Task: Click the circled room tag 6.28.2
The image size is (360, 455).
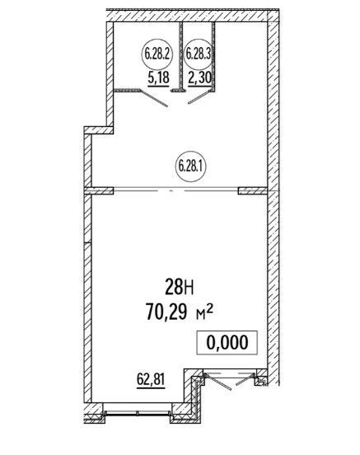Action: (x=157, y=54)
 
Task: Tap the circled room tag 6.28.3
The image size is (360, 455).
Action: (x=199, y=54)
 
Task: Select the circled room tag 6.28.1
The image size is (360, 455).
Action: (x=191, y=167)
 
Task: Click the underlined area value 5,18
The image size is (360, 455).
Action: (x=158, y=78)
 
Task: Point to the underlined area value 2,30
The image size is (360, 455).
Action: (x=199, y=78)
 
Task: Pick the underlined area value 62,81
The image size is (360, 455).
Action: (x=151, y=380)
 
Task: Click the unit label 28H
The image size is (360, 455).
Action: (x=180, y=286)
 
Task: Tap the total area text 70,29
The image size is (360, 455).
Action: (x=166, y=312)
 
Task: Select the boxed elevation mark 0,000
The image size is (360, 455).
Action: (x=227, y=342)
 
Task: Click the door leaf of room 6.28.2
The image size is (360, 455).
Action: (x=154, y=98)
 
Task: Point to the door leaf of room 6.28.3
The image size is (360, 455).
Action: (x=199, y=97)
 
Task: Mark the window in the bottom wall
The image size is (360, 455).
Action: (x=137, y=413)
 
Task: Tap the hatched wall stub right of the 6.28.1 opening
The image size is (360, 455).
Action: (x=252, y=190)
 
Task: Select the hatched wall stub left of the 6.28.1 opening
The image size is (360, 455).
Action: (x=99, y=190)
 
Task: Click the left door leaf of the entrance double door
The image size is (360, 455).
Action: (x=218, y=382)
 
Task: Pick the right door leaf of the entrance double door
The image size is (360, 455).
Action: (x=245, y=380)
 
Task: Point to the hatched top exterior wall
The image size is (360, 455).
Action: (x=190, y=16)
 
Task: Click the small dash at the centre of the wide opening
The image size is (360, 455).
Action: (x=171, y=190)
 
